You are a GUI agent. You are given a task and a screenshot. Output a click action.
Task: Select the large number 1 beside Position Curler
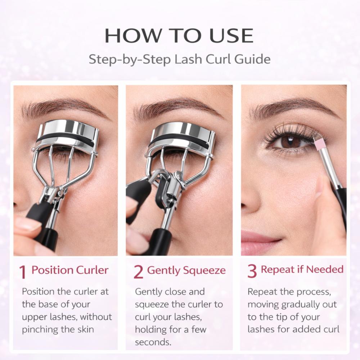point(23,272)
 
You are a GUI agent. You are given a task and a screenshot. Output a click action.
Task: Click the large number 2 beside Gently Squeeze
point(138,272)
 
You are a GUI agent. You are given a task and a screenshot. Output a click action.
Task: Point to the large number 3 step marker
point(252,271)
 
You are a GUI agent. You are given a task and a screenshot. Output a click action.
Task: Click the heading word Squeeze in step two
point(203,270)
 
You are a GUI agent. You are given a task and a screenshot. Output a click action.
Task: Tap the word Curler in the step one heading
point(92,270)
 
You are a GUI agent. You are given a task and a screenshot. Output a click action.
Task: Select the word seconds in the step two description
point(152,342)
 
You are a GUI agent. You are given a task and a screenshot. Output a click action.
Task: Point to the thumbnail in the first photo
point(27,224)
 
